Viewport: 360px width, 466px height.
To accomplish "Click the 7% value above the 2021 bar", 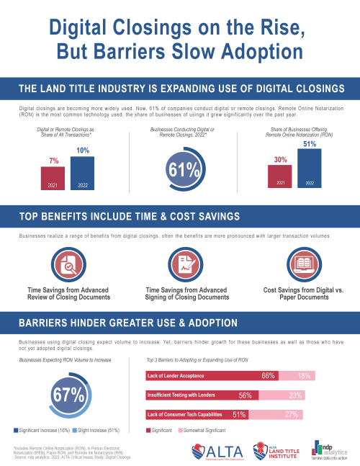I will pos(54,160).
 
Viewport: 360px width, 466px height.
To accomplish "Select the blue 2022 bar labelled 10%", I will pos(84,173).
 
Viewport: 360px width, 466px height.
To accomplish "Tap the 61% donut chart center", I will pos(180,169).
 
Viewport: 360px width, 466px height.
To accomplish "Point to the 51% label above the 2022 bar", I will pos(310,143).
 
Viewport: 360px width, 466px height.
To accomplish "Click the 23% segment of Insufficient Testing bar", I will pos(294,395).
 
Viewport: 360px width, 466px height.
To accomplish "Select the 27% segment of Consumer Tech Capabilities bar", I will pos(291,414).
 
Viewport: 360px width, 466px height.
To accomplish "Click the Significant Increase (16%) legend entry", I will pos(42,430).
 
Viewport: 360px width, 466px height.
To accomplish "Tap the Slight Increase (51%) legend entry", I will pos(94,430).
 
